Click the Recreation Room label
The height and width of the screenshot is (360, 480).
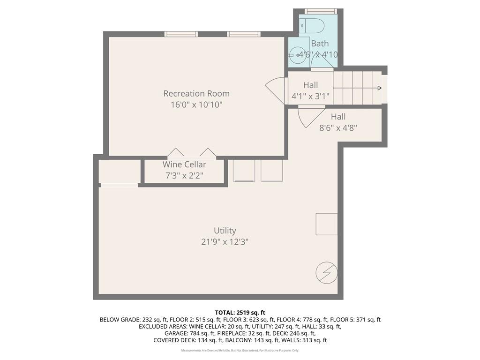coord(196,93)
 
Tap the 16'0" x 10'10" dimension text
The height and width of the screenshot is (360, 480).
coord(196,105)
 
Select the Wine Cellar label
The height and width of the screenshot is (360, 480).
coord(184,165)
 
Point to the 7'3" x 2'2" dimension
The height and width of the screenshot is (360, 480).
coord(184,176)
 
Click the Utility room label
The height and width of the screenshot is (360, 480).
coord(225,231)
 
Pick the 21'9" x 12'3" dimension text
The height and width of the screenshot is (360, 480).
coord(225,242)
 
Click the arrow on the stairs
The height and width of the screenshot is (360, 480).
coord(370,88)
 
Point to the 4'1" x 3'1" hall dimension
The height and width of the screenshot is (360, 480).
coord(310,97)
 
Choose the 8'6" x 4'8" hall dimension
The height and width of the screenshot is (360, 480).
coord(338,128)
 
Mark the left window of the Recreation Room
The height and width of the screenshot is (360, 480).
coord(181,34)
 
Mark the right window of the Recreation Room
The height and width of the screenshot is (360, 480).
coord(244,34)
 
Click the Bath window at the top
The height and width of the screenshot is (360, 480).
coord(321,11)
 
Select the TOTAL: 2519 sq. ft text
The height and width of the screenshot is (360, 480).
coord(240,313)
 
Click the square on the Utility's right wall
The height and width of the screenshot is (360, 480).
coord(326,224)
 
